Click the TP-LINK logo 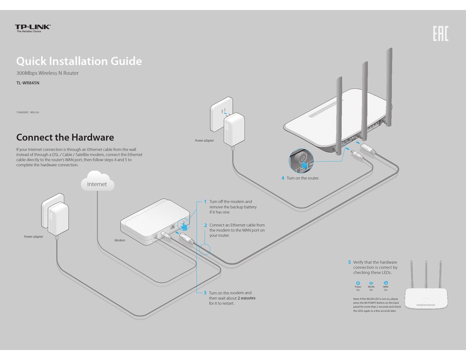click(33, 28)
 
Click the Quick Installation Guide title click(79, 61)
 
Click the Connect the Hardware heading click(65, 137)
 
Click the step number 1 click(205, 202)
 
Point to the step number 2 click(205, 225)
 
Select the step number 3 click(205, 293)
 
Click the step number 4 click(283, 178)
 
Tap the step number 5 click(349, 262)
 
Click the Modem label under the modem click(120, 240)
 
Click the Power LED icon click(358, 283)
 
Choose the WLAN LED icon click(371, 283)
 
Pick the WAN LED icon click(386, 283)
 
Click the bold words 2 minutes click(246, 298)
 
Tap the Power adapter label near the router click(205, 141)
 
